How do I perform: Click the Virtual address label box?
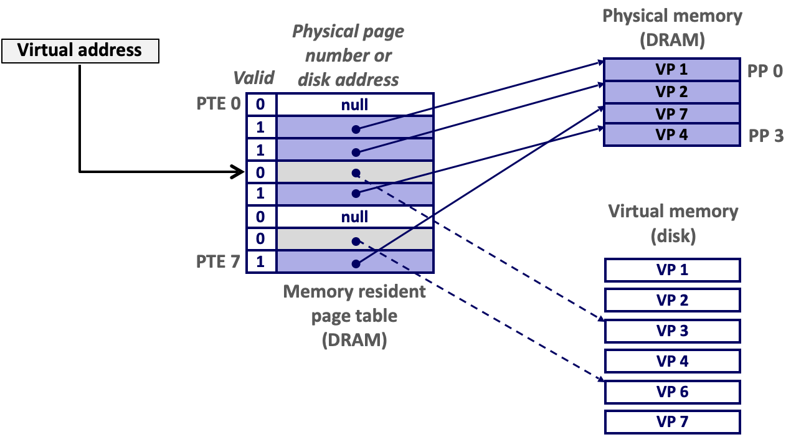pos(80,50)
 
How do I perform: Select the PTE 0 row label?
pos(218,103)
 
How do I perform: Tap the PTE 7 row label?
pos(218,261)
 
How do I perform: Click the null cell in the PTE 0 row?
pos(354,105)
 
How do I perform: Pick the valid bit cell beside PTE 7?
pos(261,261)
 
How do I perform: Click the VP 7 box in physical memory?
pos(671,114)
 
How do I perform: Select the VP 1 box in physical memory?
pos(671,69)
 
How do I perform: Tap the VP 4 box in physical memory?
pos(671,134)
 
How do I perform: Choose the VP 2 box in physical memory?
pos(671,92)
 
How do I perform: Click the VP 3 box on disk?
pos(671,331)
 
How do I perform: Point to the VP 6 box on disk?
pos(671,392)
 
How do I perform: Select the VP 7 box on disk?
pos(671,422)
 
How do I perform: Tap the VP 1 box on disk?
pos(671,270)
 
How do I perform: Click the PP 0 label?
pos(764,71)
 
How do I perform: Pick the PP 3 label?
pos(765,136)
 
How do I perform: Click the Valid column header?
pos(253,78)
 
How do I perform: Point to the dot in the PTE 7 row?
pos(355,264)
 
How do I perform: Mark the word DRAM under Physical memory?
pos(672,40)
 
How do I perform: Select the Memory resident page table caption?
pos(354,316)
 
